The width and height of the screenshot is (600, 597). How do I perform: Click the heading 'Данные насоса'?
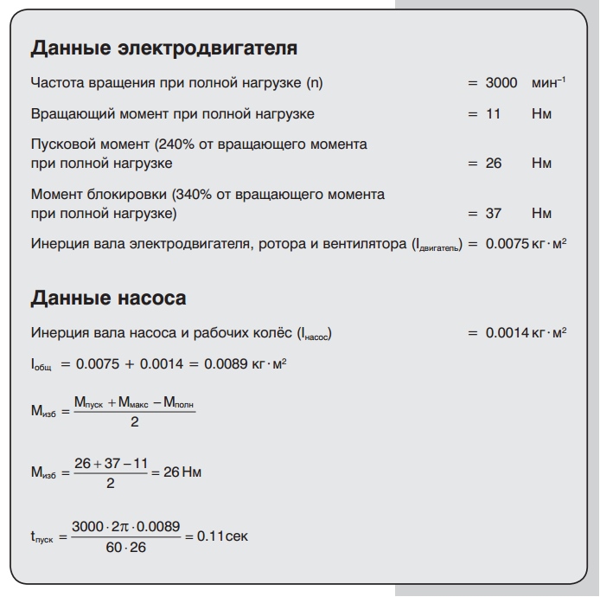108,298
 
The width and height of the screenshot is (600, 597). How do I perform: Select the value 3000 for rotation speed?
501,83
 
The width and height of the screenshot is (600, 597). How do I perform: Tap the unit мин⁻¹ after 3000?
548,83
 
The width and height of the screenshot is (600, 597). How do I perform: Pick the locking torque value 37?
494,213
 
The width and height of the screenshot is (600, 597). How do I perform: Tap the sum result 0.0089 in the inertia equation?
227,364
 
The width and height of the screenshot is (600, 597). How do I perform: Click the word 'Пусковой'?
60,144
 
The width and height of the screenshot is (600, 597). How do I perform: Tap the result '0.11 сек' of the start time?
222,536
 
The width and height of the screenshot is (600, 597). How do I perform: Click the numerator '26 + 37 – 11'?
110,464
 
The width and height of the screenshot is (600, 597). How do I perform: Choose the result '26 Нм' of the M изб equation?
176,472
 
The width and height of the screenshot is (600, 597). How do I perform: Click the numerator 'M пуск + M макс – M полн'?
134,403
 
